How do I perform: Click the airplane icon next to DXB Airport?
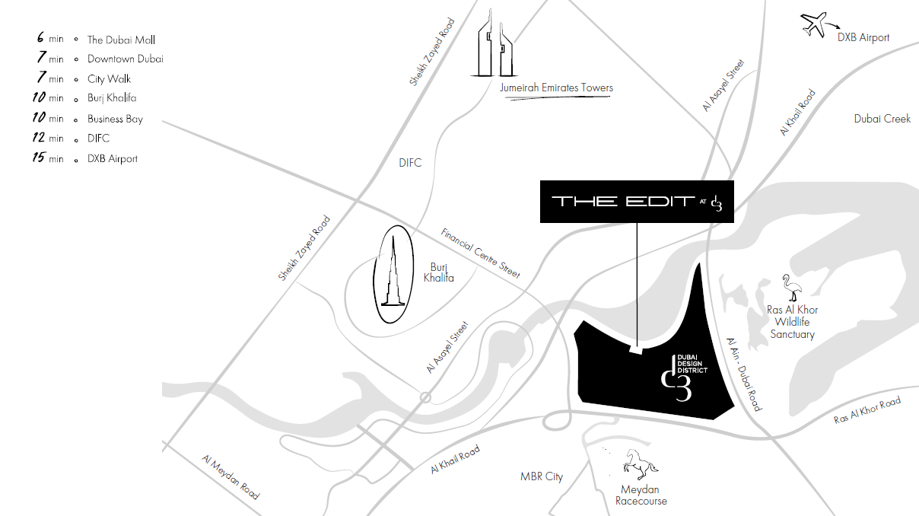[x=814, y=24]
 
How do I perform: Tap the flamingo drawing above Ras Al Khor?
[x=792, y=288]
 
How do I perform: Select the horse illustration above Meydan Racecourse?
[x=640, y=464]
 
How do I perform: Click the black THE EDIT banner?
[x=637, y=202]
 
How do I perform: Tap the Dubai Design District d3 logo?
[x=684, y=377]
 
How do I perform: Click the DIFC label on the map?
[x=410, y=163]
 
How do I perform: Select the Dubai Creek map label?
[x=882, y=119]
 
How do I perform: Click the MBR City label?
[x=542, y=476]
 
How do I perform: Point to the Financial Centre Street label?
[x=481, y=253]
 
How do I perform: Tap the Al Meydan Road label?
[x=231, y=477]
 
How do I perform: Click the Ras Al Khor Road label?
[x=867, y=409]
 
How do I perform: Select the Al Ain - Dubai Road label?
[x=744, y=374]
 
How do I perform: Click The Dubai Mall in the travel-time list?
[x=121, y=40]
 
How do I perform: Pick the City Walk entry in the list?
[x=109, y=79]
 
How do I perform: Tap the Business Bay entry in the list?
[x=115, y=119]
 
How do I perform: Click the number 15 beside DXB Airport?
[x=39, y=158]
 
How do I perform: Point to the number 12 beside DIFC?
[x=39, y=137]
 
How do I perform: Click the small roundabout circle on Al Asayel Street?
[x=425, y=397]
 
